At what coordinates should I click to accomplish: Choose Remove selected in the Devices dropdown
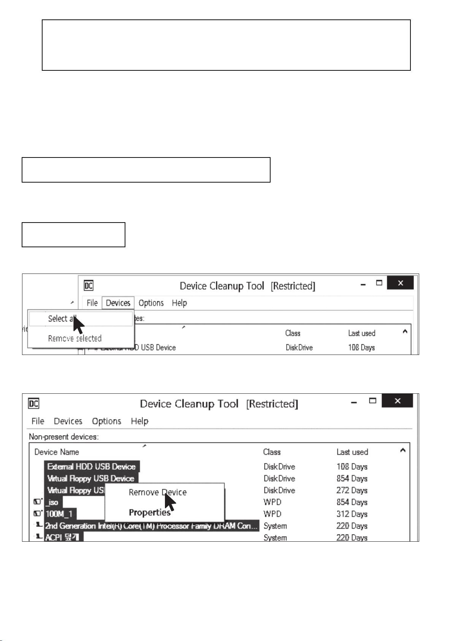[x=74, y=339]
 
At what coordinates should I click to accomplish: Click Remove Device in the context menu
[x=157, y=492]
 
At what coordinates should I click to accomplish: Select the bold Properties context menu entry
[x=149, y=512]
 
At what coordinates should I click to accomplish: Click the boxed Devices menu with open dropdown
[x=118, y=303]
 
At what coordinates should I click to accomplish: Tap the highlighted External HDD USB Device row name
[x=91, y=466]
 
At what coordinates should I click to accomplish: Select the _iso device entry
[x=52, y=502]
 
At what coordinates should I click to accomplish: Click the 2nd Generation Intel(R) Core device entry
[x=151, y=526]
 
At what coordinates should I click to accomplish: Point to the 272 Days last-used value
[x=352, y=490]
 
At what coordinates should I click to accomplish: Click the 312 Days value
[x=352, y=514]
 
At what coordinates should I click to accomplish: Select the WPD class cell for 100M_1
[x=272, y=514]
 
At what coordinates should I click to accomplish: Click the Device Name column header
[x=57, y=452]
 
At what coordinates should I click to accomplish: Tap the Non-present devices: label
[x=63, y=437]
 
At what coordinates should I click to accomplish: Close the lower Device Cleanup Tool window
[x=397, y=401]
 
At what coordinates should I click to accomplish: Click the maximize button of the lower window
[x=373, y=401]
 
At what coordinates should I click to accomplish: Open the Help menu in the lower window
[x=139, y=421]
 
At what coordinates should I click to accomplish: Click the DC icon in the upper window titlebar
[x=89, y=286]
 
